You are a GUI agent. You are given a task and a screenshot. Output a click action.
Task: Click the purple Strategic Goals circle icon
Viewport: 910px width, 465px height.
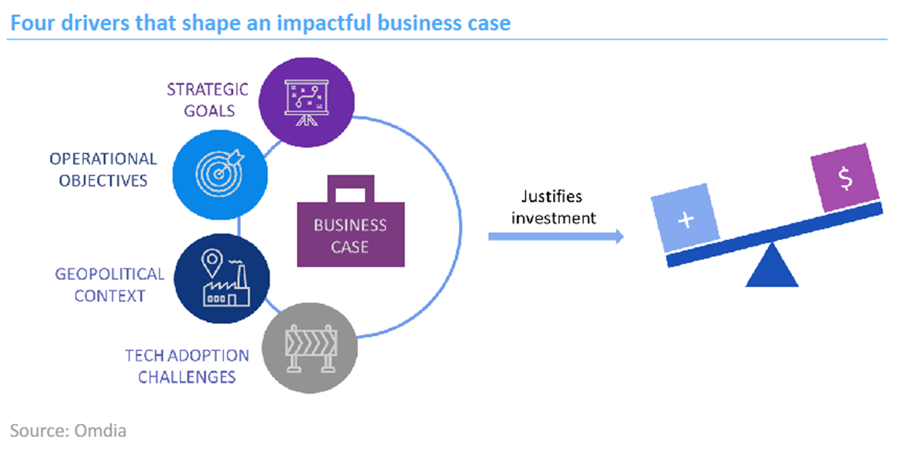(x=307, y=102)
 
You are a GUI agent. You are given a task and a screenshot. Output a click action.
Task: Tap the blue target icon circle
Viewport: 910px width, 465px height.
(x=220, y=175)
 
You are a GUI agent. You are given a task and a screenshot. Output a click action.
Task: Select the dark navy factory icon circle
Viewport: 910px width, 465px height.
(x=222, y=279)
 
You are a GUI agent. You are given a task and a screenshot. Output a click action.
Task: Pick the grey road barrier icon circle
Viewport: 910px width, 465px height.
(x=310, y=348)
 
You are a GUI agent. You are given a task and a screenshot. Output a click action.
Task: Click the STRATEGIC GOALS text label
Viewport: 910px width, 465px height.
(x=208, y=100)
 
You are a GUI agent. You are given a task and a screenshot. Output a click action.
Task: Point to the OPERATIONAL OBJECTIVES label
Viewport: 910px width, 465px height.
(x=103, y=169)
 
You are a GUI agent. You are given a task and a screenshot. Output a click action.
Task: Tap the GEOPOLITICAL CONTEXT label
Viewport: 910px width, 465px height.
(x=109, y=285)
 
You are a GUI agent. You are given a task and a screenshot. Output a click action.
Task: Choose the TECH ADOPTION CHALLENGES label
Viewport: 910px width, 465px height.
(x=187, y=366)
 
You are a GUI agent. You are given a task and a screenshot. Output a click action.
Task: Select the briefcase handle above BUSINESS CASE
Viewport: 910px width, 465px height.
(x=351, y=188)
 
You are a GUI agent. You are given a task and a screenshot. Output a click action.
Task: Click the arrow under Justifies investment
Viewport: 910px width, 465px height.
(x=556, y=236)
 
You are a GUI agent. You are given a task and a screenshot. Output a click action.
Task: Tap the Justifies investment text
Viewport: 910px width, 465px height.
(x=553, y=207)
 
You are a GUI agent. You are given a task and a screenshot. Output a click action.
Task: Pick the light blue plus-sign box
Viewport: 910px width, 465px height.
(x=685, y=218)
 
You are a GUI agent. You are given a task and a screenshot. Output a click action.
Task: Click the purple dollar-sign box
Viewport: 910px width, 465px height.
(x=845, y=177)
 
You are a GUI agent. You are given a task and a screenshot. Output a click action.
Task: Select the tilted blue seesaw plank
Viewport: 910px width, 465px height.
(x=774, y=235)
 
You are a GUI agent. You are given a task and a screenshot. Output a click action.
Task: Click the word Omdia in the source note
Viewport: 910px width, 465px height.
(x=100, y=431)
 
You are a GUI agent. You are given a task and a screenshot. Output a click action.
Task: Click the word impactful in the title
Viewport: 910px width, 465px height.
(x=324, y=23)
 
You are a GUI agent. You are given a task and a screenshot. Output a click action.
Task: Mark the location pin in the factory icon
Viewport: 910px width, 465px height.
(x=212, y=263)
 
